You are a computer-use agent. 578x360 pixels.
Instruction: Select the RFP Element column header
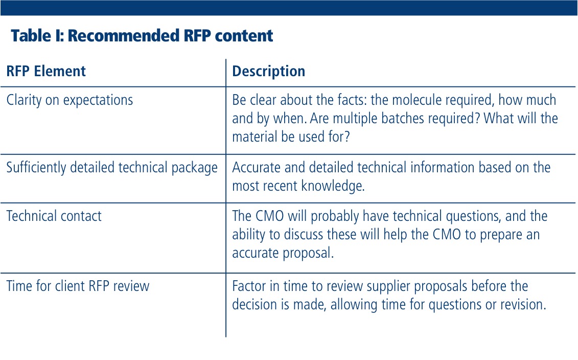46,71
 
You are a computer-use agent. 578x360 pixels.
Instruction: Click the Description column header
268,71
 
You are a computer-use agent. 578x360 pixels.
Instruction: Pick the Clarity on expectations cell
70,100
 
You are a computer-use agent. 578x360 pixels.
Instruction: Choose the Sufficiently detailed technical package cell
112,167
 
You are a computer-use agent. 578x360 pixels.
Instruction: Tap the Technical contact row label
54,216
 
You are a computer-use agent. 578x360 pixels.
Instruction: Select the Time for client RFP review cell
78,286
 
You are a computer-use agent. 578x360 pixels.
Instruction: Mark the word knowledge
333,186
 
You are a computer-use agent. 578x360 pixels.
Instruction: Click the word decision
255,305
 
